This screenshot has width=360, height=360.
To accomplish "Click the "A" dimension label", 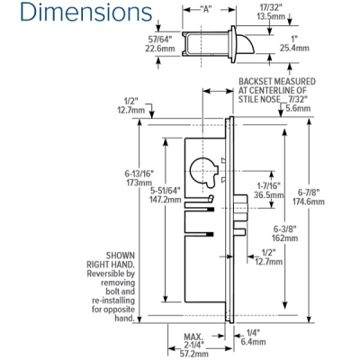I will point(205,8).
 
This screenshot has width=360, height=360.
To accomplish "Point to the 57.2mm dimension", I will point(193,355).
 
